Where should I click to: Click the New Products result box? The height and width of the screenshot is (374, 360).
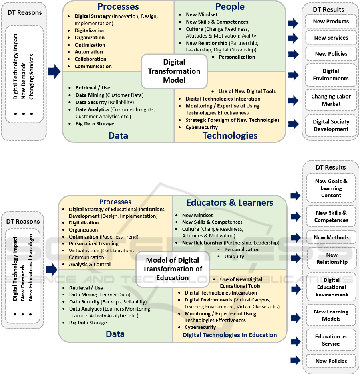coord(331,22)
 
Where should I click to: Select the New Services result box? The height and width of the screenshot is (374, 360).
coord(331,38)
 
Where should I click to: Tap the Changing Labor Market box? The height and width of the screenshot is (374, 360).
coord(331,100)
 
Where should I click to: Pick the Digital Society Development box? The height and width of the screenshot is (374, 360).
coord(331,125)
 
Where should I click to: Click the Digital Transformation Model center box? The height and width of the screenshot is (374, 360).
coord(174,71)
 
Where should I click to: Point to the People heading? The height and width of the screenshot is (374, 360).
coord(230,6)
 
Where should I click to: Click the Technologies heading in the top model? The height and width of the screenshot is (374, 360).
coord(230,136)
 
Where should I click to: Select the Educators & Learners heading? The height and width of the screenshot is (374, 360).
coord(230,203)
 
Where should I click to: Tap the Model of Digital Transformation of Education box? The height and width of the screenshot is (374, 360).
coord(173,269)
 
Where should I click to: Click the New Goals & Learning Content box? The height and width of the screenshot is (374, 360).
coord(331,188)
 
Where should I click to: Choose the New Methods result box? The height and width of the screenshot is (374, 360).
coord(331,237)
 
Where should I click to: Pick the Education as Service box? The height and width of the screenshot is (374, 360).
coord(331,340)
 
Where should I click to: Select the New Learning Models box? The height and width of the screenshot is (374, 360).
coord(331,315)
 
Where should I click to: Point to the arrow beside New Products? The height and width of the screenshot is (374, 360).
coord(293,23)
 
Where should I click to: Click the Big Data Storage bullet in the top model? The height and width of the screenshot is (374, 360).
coord(95,124)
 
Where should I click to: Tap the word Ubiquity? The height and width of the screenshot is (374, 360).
coord(234,257)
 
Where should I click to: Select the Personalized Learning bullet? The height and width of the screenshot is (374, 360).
coord(93,243)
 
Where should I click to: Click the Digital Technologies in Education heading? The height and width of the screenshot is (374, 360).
coord(230,335)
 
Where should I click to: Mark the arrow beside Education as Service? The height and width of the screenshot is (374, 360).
coord(295,341)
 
